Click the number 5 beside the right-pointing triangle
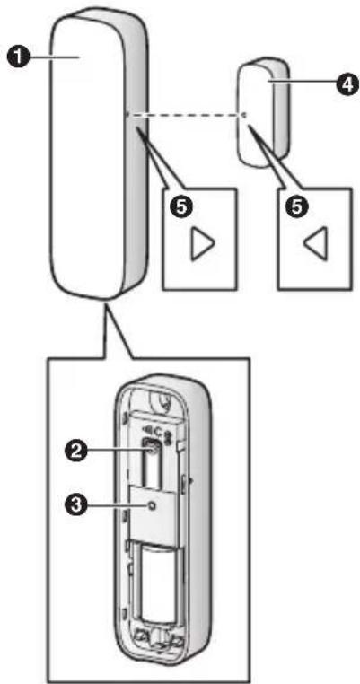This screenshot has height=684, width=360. click(180, 205)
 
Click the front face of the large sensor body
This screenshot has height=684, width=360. click(90, 162)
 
